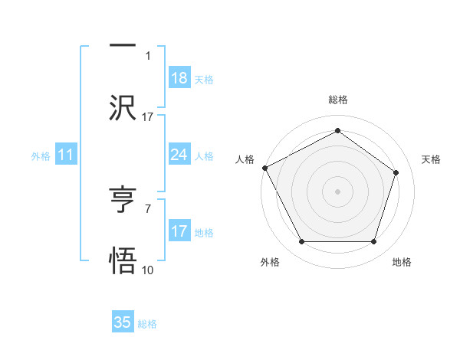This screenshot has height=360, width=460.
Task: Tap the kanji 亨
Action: click(x=123, y=200)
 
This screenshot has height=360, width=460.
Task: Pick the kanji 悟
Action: click(x=123, y=261)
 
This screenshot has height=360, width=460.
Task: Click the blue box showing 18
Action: click(x=179, y=78)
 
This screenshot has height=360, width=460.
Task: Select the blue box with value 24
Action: click(x=179, y=155)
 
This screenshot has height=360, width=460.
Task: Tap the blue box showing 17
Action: click(x=179, y=231)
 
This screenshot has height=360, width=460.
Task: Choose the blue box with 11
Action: click(x=65, y=155)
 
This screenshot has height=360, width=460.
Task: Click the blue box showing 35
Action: click(x=123, y=322)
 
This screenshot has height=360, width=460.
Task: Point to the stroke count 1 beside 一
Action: click(x=148, y=56)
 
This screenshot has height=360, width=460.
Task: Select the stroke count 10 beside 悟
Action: click(x=148, y=270)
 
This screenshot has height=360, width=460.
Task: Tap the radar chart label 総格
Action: click(x=337, y=100)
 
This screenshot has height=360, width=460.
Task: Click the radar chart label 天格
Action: click(x=431, y=159)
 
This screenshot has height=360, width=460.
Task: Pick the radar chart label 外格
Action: click(x=270, y=262)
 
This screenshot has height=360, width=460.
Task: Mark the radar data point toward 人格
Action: click(x=264, y=168)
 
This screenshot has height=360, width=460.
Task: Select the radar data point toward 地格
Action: click(x=373, y=242)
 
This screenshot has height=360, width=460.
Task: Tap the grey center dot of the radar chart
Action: click(x=337, y=191)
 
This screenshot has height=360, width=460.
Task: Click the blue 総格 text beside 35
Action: click(x=147, y=324)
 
